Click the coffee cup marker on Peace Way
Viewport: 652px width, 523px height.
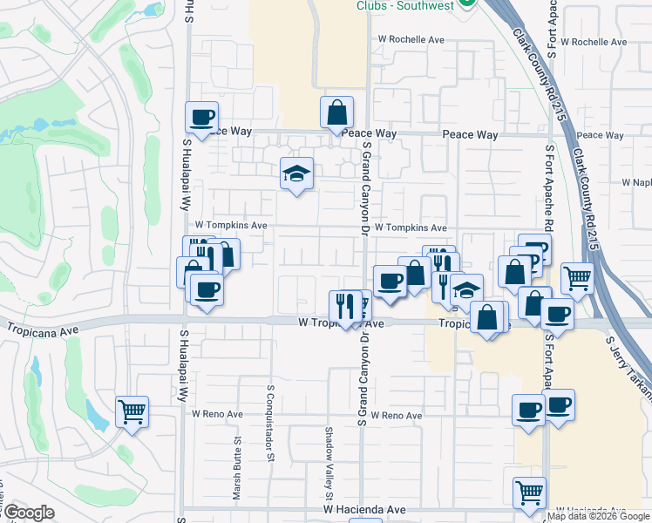click(201, 117)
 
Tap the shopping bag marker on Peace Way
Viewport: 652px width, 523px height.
click(336, 112)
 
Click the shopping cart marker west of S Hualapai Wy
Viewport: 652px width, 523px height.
click(132, 411)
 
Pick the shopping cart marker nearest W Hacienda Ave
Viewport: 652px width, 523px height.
click(529, 492)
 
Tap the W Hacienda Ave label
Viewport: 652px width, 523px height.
click(364, 509)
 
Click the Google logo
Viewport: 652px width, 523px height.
click(28, 513)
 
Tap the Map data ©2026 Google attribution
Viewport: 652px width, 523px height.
click(598, 516)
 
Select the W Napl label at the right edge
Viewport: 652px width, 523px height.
click(636, 182)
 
